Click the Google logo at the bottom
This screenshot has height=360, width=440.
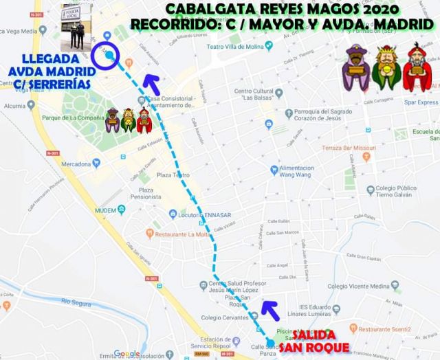(x=127, y=354)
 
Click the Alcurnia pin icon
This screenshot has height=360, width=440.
(x=5, y=106)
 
